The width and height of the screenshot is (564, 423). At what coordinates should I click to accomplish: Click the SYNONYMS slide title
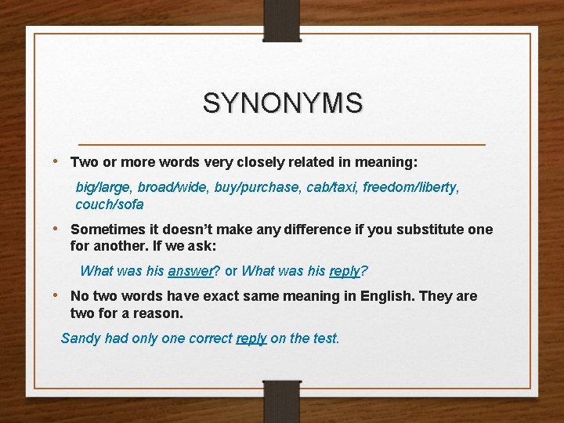pos(283,103)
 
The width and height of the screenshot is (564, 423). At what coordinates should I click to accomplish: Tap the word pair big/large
pos(104,188)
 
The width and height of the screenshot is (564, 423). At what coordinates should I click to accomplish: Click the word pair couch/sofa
pos(110,204)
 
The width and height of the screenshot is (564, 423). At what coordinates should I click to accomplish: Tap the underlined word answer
pos(191,271)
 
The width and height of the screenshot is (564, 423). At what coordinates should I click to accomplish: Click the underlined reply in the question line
pos(345,271)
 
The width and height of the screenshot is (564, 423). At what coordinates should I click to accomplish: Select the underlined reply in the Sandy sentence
pos(251,338)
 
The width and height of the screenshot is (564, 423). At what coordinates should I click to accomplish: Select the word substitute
pos(430,230)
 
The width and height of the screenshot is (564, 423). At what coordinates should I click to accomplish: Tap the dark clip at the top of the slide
pos(282,20)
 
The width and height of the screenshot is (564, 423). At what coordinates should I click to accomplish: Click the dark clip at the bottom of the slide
pos(282,400)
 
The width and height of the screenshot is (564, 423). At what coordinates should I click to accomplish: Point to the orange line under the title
pos(283,145)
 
